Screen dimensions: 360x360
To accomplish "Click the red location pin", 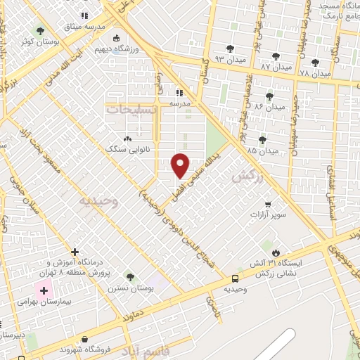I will [181, 165].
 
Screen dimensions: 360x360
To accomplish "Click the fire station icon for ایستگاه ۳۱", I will [276, 252].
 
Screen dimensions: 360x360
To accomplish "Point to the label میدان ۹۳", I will [230, 58].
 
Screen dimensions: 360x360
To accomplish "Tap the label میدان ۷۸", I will [314, 73].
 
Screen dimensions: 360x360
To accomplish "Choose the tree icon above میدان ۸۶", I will [269, 96].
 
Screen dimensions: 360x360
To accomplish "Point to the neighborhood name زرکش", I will [247, 179].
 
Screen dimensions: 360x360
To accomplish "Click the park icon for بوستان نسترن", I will [129, 276].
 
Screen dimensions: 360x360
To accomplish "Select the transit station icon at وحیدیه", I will [235, 278].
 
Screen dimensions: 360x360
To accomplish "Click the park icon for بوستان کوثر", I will [40, 30].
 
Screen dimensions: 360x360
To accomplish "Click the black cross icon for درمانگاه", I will [75, 252].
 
